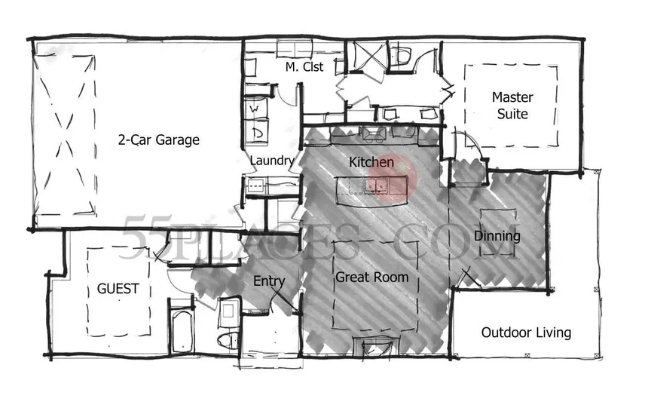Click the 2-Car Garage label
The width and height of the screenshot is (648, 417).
coord(158,140)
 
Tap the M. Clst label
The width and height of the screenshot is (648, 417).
coord(304,67)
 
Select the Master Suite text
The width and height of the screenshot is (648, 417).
coord(512,106)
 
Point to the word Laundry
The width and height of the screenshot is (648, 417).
coord(271,161)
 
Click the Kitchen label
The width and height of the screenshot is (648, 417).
coord(371,162)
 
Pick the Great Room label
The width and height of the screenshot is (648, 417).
coord(371,277)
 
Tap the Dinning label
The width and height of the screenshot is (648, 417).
coord(497,236)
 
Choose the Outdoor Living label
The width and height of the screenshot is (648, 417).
coord(526,333)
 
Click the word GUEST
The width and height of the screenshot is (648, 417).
coord(118,288)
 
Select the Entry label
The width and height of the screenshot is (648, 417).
coord(269,281)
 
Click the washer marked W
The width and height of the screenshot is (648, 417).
coord(255,110)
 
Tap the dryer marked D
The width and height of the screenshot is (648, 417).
coord(256,133)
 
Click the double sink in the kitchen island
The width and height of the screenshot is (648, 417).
coord(377,184)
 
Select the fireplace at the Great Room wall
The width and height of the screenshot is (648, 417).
coord(375,348)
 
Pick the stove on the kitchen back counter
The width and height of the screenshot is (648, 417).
coord(374,134)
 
